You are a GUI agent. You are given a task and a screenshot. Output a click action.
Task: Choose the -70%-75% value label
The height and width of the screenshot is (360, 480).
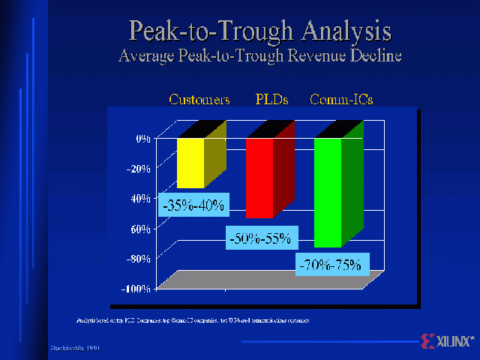pos(330,264)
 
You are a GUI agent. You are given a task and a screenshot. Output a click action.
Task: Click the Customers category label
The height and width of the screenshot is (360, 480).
pos(199,100)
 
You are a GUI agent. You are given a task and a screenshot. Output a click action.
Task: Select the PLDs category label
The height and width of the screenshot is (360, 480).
pos(271,100)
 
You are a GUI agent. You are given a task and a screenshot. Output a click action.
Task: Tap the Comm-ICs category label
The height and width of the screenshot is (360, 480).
pos(342,100)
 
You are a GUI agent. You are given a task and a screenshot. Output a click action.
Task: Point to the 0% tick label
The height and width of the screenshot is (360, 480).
pos(142,139)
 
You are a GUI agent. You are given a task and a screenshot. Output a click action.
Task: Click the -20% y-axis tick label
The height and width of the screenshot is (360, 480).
pos(139,169)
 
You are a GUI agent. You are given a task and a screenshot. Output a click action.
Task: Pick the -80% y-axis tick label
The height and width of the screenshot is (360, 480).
pos(139,259)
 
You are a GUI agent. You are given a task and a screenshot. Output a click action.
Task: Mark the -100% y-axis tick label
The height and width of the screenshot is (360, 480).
pos(136,289)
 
